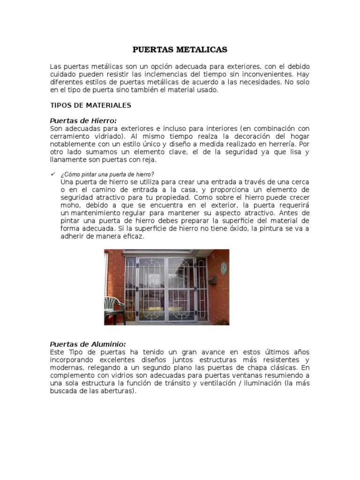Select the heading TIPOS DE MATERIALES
coord(90,105)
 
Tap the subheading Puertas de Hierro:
coord(83,120)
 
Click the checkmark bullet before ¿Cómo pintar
coord(52,174)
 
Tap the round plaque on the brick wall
coord(224,268)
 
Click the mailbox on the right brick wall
coord(213,280)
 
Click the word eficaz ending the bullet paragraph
coord(134,237)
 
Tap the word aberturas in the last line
coord(119,391)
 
